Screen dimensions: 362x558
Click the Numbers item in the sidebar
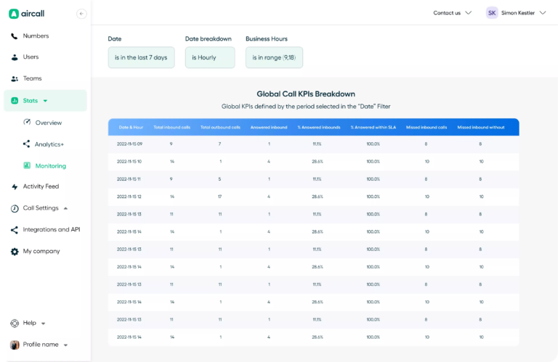(x=35, y=36)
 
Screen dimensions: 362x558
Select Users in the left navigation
(x=31, y=57)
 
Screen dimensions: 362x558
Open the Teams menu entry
(x=32, y=78)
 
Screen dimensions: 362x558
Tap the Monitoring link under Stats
(x=50, y=165)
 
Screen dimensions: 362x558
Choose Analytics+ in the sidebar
(x=49, y=144)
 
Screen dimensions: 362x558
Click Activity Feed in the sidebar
(x=40, y=186)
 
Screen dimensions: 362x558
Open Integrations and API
(x=51, y=229)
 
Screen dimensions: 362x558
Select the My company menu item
(x=41, y=251)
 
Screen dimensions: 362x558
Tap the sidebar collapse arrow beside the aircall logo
(x=81, y=13)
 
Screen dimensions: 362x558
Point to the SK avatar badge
(x=492, y=12)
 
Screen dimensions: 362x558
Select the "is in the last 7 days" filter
(x=141, y=57)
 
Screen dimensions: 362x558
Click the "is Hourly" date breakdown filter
(x=209, y=57)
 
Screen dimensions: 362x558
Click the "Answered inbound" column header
(x=269, y=127)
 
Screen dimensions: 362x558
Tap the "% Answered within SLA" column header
(x=373, y=127)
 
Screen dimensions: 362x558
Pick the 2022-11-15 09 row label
(x=130, y=144)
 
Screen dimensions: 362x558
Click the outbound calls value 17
(x=219, y=197)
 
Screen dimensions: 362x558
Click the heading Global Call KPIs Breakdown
(x=306, y=94)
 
